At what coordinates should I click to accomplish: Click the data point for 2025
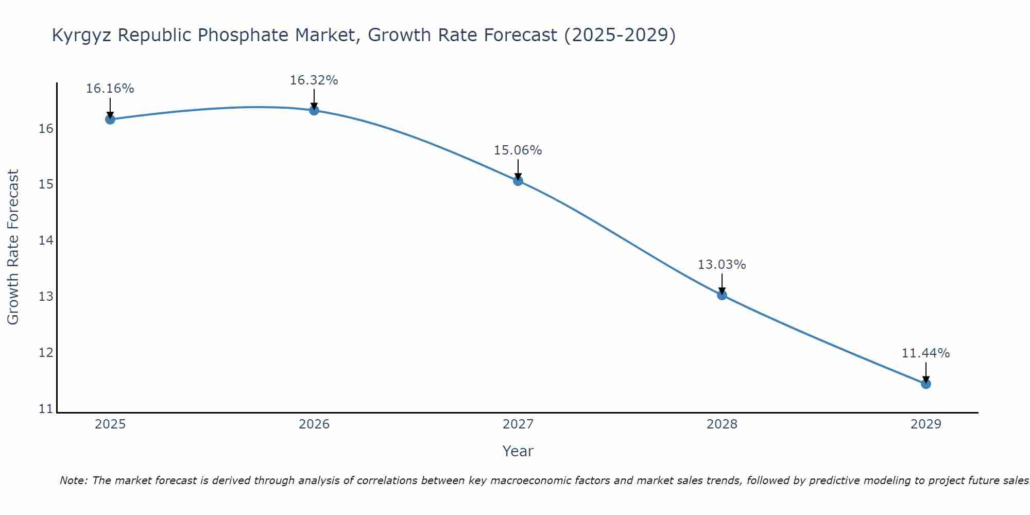point(110,119)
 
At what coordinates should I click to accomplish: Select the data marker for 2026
point(314,110)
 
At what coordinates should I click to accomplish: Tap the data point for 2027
point(518,181)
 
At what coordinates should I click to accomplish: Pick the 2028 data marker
point(722,295)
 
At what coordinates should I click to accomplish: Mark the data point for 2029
point(926,384)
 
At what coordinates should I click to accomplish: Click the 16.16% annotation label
point(110,89)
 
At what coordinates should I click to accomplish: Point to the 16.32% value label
point(314,80)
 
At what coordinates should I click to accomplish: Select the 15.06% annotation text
point(518,150)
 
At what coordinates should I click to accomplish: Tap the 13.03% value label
point(722,265)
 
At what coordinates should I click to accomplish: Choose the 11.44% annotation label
point(925,353)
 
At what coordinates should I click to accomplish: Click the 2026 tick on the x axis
point(314,424)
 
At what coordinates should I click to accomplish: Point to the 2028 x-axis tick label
point(722,424)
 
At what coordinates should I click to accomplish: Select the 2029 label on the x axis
point(926,424)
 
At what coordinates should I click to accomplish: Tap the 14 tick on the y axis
point(46,241)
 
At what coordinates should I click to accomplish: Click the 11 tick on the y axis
point(46,409)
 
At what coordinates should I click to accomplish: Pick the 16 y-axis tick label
point(46,128)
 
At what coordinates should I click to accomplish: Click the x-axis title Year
point(518,451)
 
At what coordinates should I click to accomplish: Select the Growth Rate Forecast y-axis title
point(13,247)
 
